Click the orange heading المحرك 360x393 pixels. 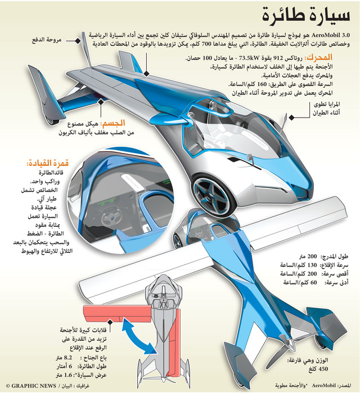pos(318,57)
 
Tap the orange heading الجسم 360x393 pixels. pos(112,123)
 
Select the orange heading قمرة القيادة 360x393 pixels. pos(48,163)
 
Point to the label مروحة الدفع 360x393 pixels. pos(47,40)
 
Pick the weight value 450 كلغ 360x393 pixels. pos(318,369)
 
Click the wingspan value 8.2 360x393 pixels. pos(68,358)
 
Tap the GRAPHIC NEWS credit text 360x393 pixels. pos(30,386)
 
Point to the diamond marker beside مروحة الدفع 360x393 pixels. pos(78,40)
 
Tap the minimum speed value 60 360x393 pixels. pos(314,282)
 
